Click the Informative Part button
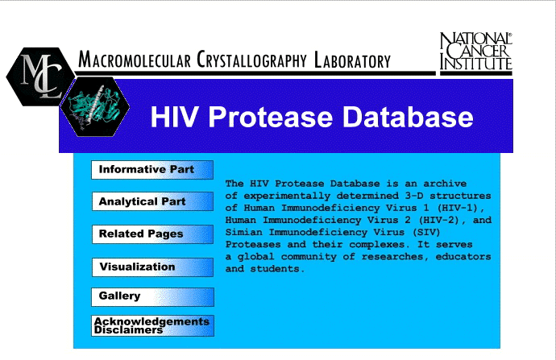(x=152, y=170)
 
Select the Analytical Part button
(x=152, y=201)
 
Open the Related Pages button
(x=152, y=234)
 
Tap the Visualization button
(x=152, y=267)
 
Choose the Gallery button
(x=152, y=297)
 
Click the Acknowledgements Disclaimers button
(x=152, y=325)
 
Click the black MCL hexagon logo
(x=40, y=77)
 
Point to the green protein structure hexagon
(x=94, y=106)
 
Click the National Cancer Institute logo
(x=476, y=53)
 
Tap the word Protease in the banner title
(x=271, y=117)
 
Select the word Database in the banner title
(x=408, y=117)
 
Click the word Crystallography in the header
(x=251, y=60)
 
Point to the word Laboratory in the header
(x=352, y=60)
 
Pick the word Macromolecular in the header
(x=135, y=60)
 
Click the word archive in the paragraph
(x=445, y=184)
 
